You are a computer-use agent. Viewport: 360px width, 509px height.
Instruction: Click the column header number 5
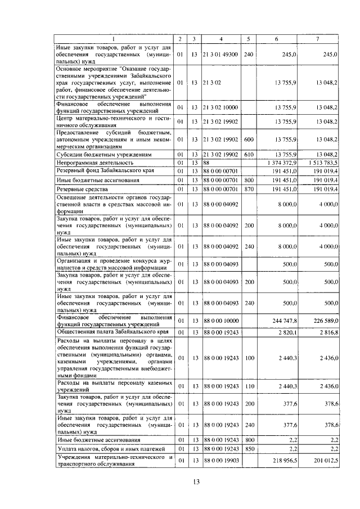click(249, 39)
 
